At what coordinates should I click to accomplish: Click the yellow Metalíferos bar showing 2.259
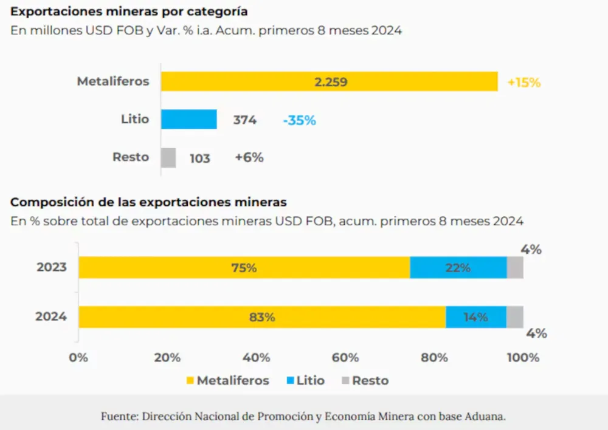(329, 81)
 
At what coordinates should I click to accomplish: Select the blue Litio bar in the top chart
(188, 119)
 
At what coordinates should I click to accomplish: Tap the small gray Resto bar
(168, 158)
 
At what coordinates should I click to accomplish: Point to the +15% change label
(523, 83)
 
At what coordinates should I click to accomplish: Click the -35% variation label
(299, 120)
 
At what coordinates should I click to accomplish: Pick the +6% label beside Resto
(249, 157)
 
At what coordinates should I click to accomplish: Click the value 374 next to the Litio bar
(244, 120)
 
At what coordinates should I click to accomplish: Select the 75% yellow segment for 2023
(244, 267)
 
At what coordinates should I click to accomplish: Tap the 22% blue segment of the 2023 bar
(458, 267)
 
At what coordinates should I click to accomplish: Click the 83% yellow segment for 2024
(262, 317)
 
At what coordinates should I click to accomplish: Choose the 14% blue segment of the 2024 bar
(475, 317)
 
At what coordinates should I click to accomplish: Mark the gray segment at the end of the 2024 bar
(515, 317)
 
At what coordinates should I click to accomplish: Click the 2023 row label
(51, 267)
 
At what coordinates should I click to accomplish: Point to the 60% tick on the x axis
(345, 357)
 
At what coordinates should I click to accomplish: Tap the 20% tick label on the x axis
(167, 357)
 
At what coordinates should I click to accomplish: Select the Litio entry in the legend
(305, 381)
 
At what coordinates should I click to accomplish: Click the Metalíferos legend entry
(227, 381)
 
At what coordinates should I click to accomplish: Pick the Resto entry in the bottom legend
(365, 381)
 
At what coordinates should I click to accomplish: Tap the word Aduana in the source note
(485, 417)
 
